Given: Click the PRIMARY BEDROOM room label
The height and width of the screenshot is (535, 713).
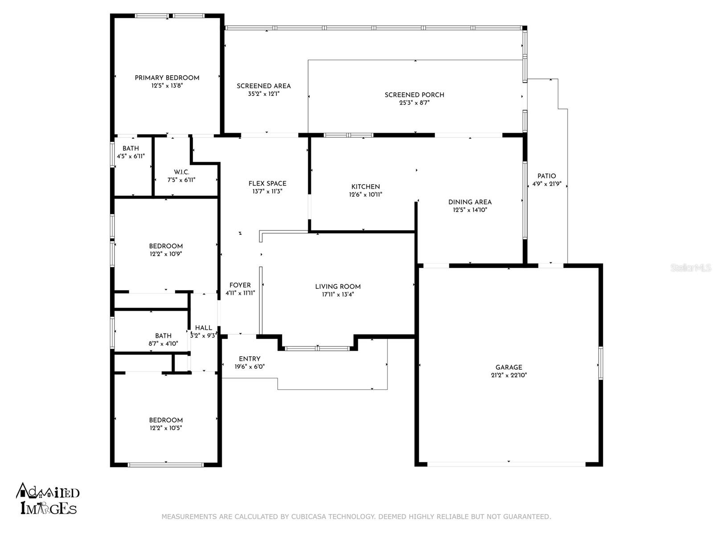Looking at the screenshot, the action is point(167,78).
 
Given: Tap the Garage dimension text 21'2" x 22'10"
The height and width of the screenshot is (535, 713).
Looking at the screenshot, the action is point(509,375).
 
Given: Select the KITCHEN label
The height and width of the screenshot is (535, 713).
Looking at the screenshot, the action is point(365,187).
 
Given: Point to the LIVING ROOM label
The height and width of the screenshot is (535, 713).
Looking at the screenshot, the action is point(338,287).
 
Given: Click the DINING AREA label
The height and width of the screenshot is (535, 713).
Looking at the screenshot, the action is point(470,202).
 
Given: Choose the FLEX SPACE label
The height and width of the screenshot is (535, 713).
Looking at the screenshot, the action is point(267,184).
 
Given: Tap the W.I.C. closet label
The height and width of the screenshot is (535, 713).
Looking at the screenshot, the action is point(181,172).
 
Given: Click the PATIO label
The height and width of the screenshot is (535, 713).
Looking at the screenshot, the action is point(547,176).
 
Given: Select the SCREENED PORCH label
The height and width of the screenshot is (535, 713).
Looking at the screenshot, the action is point(414,95).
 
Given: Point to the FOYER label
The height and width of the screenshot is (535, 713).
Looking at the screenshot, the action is point(240,285).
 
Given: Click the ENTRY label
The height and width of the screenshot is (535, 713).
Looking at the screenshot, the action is point(250,359).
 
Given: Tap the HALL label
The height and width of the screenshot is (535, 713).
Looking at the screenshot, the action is point(204,328).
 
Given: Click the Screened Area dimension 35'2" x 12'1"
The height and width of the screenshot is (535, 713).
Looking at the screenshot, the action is point(263,94).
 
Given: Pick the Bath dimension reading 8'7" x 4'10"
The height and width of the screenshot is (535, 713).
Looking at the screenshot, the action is point(163,344).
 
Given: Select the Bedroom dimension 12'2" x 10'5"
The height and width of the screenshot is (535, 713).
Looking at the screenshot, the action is point(166,428).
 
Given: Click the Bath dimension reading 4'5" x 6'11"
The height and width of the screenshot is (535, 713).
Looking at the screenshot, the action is point(131,156).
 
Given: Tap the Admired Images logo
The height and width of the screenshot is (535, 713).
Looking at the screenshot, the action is point(47,498).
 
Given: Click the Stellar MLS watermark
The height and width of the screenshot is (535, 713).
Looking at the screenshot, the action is point(691,268).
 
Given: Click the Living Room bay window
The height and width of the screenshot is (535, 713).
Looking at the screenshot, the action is point(317,349).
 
